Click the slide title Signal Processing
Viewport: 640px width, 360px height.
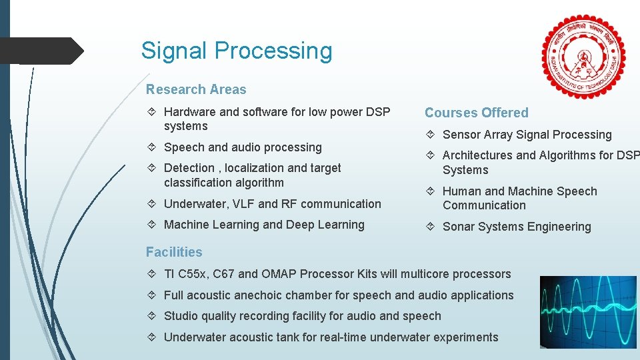coord(237,51)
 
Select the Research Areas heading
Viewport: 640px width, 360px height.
coord(196,89)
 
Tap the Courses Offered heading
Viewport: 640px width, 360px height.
coord(476,113)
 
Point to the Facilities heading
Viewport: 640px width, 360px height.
coord(174,252)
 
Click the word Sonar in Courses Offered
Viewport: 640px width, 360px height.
coord(459,227)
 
